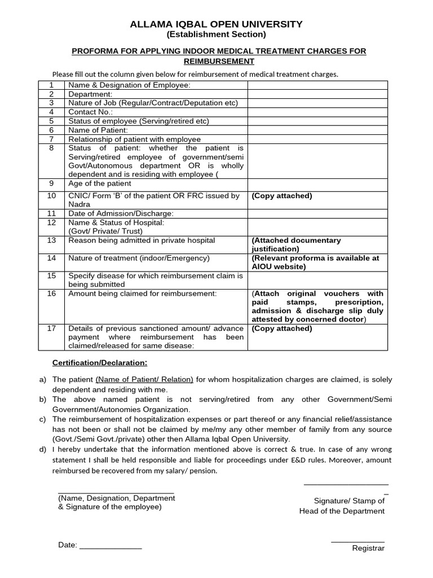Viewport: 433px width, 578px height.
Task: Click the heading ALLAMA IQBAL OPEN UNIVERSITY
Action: (x=216, y=24)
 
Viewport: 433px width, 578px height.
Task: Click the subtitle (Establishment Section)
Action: (x=216, y=35)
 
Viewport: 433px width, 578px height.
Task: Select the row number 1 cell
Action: (x=51, y=85)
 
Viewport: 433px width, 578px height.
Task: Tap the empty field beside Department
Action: (x=317, y=94)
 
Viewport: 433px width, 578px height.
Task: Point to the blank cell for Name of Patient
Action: (x=317, y=130)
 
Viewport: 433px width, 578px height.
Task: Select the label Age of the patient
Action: (x=100, y=183)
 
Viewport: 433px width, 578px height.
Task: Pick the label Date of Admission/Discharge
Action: (x=121, y=213)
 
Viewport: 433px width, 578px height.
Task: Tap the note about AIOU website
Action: (x=315, y=262)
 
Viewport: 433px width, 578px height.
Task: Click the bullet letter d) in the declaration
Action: (x=43, y=449)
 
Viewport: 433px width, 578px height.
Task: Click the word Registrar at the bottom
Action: (x=368, y=548)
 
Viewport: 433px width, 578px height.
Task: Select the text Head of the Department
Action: (x=342, y=511)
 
